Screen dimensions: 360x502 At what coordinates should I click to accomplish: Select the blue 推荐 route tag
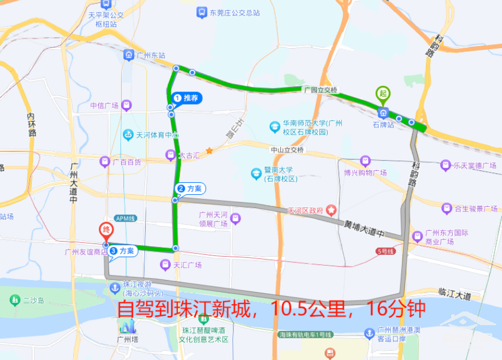(187, 98)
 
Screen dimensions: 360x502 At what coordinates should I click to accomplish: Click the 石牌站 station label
(383, 124)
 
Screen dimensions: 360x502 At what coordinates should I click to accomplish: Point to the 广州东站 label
(151, 55)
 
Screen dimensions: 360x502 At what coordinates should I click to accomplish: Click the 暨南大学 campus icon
(256, 173)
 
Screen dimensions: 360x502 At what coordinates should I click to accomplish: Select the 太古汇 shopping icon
(170, 155)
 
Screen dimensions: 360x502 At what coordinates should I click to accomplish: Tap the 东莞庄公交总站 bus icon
(201, 12)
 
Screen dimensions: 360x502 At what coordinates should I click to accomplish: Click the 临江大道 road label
(455, 296)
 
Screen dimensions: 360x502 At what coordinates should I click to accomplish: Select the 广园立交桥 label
(320, 90)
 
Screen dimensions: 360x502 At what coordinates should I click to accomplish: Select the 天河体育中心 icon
(128, 135)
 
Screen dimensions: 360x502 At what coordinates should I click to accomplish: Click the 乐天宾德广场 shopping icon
(445, 166)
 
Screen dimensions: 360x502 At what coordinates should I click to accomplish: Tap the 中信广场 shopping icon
(126, 105)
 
